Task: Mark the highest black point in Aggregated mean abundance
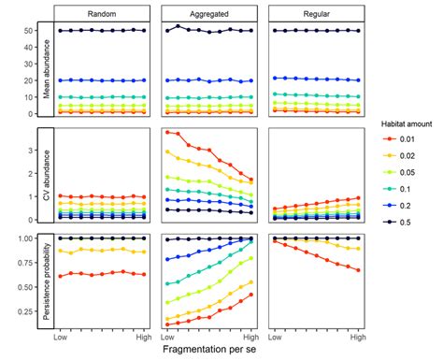tap(178, 26)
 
